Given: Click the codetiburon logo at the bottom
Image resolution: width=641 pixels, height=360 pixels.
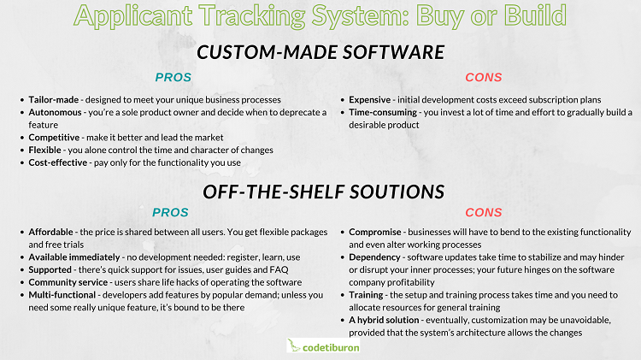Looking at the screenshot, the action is click(x=323, y=346).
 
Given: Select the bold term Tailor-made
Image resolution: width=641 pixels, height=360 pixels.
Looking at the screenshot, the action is click(x=54, y=100).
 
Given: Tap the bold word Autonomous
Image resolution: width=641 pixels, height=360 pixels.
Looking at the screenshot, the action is click(x=55, y=113).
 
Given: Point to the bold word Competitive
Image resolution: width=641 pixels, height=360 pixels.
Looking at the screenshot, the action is click(x=54, y=138).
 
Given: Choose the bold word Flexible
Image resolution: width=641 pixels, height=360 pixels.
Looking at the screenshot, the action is click(x=44, y=150).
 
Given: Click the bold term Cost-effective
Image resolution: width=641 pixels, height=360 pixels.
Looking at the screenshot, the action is click(x=57, y=162).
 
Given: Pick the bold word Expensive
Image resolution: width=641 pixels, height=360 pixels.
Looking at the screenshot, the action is click(x=369, y=100).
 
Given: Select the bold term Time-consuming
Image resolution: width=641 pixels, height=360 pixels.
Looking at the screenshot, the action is click(x=383, y=113).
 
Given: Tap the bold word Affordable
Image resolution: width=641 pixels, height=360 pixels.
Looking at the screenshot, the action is click(x=50, y=232).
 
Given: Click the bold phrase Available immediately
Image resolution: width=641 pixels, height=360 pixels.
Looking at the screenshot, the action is click(x=74, y=257).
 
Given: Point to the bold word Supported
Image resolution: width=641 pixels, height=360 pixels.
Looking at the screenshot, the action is click(x=50, y=270).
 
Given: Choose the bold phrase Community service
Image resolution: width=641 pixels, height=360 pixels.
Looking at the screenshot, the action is click(x=68, y=283).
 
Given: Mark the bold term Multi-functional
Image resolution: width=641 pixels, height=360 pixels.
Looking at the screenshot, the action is click(x=62, y=295).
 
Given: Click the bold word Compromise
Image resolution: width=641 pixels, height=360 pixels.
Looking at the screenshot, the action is click(x=375, y=233).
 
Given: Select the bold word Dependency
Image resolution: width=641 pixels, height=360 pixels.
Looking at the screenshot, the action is click(x=374, y=257).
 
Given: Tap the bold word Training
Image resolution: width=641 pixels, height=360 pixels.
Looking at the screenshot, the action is click(x=366, y=295).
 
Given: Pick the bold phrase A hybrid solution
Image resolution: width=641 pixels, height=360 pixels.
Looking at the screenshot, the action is click(x=384, y=321).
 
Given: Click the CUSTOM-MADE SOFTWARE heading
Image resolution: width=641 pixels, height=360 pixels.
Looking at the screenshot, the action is click(x=320, y=52).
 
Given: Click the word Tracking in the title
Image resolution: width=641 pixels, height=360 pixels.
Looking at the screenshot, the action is click(x=252, y=16).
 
